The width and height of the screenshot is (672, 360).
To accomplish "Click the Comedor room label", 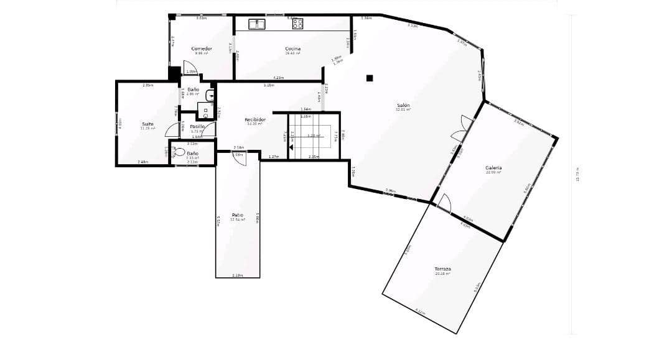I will pos(202,48).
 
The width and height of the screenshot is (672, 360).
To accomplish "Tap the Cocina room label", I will pos(293,48).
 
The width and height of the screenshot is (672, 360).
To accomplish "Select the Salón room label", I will pos(403,105).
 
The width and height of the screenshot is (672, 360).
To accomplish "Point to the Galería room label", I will pos(493,168).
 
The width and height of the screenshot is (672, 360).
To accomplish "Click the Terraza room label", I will pos(442,269).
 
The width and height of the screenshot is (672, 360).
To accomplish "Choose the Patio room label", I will pos(238,215).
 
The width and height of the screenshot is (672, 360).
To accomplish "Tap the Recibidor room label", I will pos(255,119).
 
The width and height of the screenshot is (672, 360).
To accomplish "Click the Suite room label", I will pos(147,124).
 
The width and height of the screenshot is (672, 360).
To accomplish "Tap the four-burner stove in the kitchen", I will pos(297,24).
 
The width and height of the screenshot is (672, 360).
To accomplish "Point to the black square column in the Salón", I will pos(370,78).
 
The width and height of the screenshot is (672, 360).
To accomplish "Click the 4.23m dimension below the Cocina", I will pos(278,78).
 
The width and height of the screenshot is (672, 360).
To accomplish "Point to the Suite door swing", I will pos(172,130).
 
